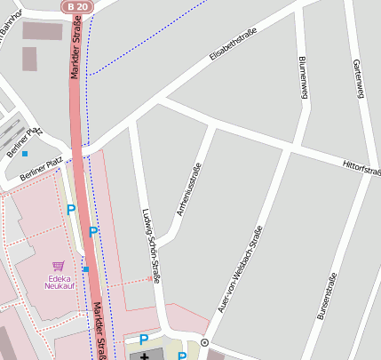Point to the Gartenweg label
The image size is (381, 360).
(x=358, y=78)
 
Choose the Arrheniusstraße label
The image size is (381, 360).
(x=189, y=189)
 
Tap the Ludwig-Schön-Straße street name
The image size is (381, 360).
(x=151, y=246)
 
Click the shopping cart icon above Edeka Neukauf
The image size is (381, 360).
(x=59, y=265)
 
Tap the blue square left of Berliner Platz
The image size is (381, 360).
(x=25, y=154)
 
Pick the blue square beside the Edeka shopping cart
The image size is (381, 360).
(x=85, y=268)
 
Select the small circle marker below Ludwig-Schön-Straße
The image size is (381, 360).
(x=204, y=342)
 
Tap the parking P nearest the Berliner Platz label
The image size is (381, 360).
(x=71, y=211)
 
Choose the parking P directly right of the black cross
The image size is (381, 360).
(x=181, y=356)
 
